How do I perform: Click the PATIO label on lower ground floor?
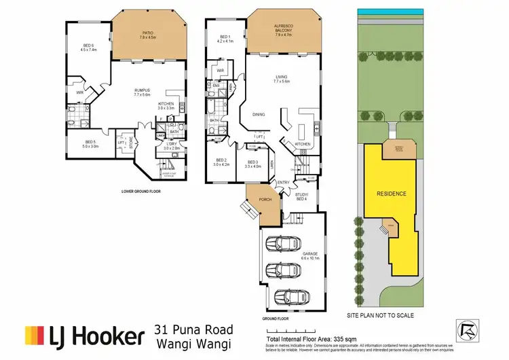point(147,35)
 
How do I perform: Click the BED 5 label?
point(90,143)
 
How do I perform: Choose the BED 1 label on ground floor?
point(226,39)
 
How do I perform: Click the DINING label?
point(259,115)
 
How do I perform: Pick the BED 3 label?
point(253,163)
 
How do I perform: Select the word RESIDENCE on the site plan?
point(391,194)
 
